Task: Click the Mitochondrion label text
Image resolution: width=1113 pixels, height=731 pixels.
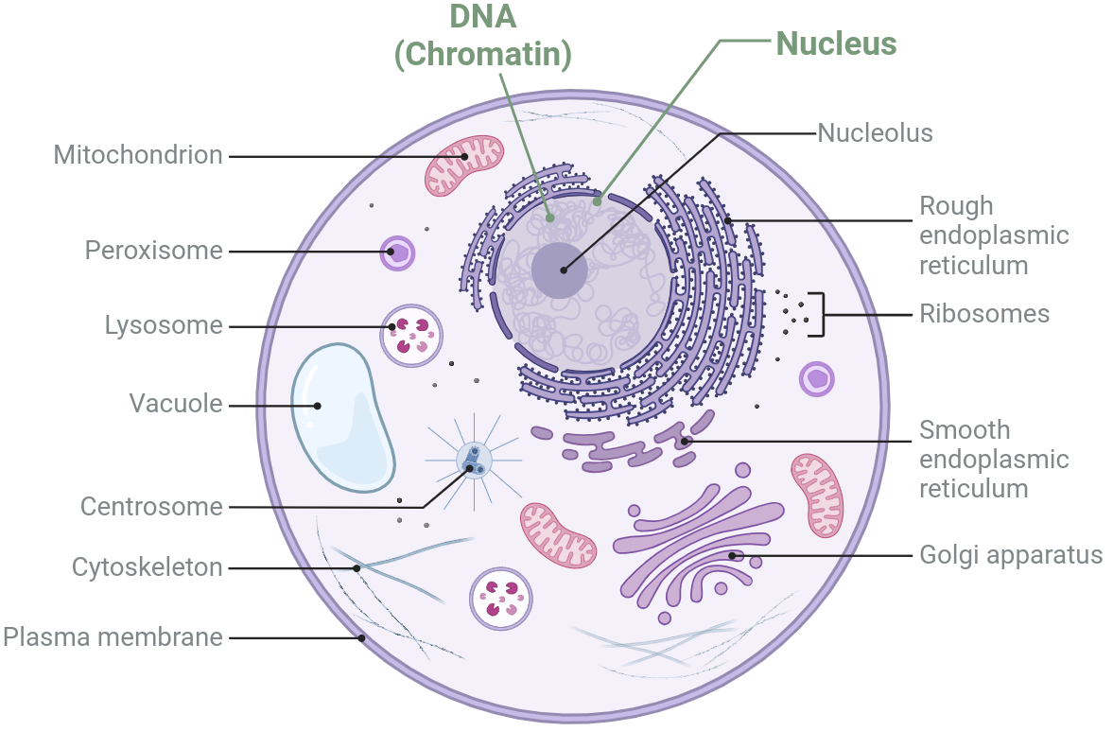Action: (x=138, y=155)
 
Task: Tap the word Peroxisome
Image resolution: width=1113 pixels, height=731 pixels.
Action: (x=153, y=251)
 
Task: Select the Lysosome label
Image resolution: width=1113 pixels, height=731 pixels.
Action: (x=164, y=326)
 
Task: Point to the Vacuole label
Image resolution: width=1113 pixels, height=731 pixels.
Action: (x=176, y=405)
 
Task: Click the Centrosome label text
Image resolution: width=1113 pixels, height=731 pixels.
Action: (x=151, y=507)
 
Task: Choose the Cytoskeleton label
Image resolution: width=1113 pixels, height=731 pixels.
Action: (x=148, y=567)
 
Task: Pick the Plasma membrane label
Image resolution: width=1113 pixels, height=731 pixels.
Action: (x=113, y=636)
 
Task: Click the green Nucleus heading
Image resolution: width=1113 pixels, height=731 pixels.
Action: (x=836, y=43)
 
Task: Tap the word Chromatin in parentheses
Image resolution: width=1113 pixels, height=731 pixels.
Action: (x=483, y=55)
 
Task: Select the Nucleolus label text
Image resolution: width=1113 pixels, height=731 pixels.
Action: (x=875, y=133)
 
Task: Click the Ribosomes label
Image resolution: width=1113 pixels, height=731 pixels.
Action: (x=984, y=314)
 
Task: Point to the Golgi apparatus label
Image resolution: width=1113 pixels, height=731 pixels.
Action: (x=1011, y=554)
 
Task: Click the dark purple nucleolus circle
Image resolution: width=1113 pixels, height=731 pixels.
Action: (x=559, y=270)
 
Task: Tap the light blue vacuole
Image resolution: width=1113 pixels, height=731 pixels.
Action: (x=340, y=416)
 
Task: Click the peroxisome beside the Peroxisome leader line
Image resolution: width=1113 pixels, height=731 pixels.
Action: (x=399, y=252)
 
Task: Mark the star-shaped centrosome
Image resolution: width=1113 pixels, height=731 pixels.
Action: (x=473, y=461)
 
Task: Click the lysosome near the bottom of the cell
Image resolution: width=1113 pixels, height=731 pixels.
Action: (x=500, y=598)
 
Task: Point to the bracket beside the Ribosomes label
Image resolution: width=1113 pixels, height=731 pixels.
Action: (x=822, y=314)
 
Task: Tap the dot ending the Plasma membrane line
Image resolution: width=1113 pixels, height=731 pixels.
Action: (x=361, y=637)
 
